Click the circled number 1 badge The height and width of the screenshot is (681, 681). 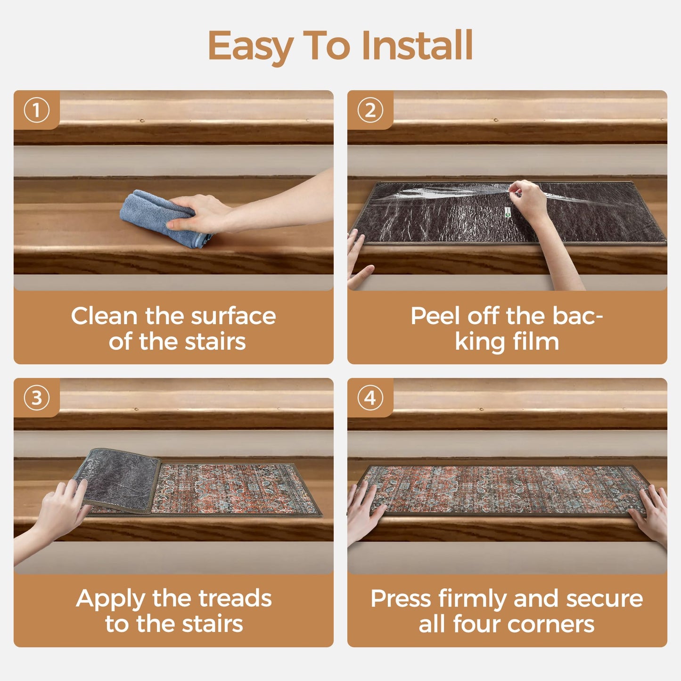[x=36, y=110]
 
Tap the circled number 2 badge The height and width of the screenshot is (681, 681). [x=370, y=110]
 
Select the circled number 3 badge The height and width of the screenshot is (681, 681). [x=36, y=398]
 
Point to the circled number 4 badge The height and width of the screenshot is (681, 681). [x=370, y=398]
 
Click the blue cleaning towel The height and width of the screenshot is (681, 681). [x=151, y=214]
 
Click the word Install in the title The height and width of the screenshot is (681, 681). [x=417, y=46]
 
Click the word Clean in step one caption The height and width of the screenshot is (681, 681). [x=104, y=316]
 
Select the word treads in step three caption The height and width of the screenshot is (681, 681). [x=235, y=599]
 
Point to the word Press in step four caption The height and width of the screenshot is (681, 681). [x=401, y=599]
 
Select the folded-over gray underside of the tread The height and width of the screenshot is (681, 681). [x=118, y=478]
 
